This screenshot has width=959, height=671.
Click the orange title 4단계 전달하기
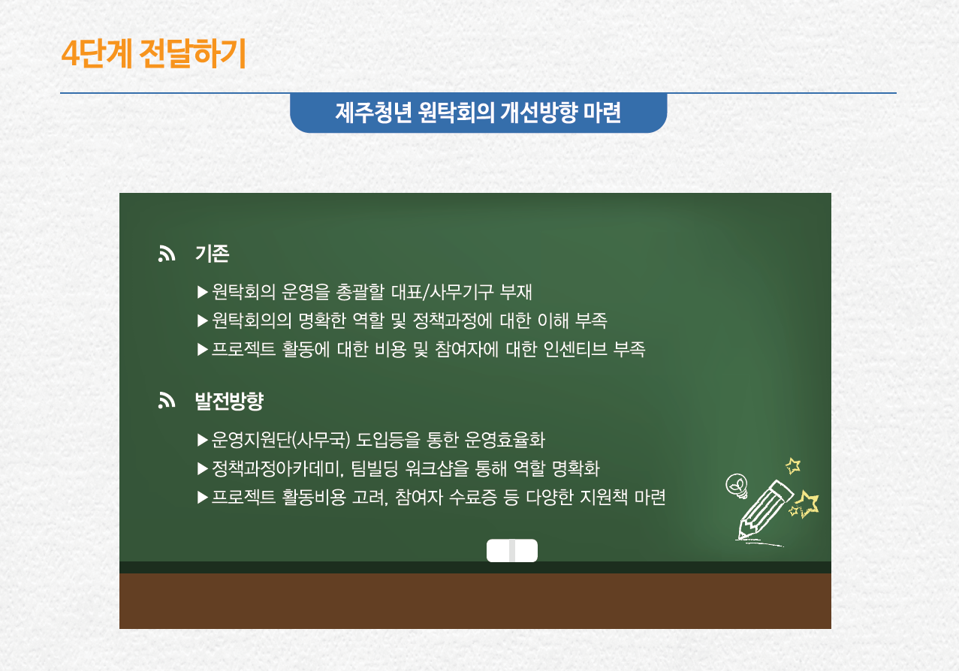tap(153, 53)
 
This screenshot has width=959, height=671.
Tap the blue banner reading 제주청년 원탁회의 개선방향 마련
tap(478, 113)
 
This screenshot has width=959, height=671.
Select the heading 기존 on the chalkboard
tap(213, 254)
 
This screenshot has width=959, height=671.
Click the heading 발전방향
tap(229, 401)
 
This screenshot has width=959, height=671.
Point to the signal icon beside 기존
tap(167, 254)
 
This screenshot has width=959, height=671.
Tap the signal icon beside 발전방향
tap(167, 401)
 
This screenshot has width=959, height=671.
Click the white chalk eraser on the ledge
tap(511, 550)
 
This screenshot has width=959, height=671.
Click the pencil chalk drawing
tap(764, 510)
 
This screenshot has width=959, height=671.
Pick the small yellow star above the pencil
tap(793, 465)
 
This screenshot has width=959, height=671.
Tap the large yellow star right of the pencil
tap(807, 504)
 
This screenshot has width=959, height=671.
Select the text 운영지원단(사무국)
tap(281, 440)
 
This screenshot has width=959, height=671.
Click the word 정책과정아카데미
tap(278, 468)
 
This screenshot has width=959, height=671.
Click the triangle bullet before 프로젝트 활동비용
tap(203, 498)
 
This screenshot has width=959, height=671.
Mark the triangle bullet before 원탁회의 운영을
tap(203, 292)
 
